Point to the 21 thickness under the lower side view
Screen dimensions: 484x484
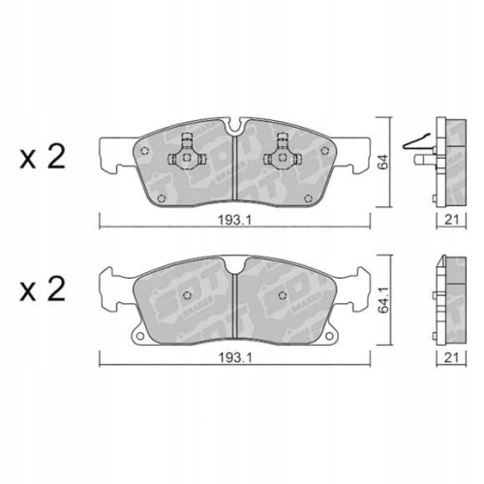click(x=449, y=357)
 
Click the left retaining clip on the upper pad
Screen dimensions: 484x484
click(x=181, y=148)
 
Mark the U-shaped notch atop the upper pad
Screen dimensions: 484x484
click(x=234, y=125)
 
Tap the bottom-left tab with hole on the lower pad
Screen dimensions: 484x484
click(x=141, y=338)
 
